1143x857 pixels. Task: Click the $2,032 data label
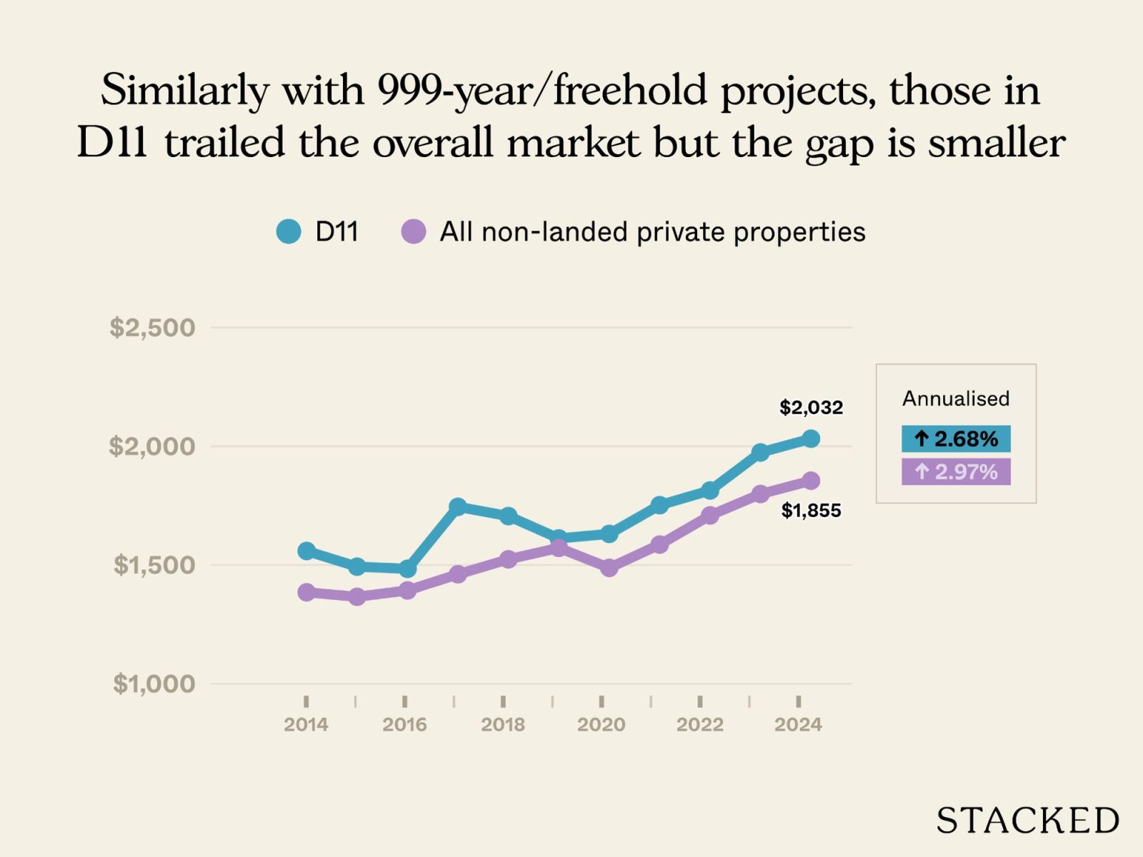pos(811,408)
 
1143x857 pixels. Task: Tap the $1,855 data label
pos(811,511)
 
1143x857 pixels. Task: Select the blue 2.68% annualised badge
pos(956,438)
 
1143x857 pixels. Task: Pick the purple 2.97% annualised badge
pos(956,472)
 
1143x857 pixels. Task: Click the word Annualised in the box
pos(956,399)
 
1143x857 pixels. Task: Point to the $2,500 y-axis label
pos(152,328)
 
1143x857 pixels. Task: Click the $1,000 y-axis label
pos(154,684)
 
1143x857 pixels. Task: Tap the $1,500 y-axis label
pos(154,566)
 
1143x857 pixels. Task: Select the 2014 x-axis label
pos(306,725)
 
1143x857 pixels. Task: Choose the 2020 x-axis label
pos(601,725)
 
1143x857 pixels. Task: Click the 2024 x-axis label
pos(798,725)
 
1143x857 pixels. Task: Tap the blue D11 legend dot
pos(289,231)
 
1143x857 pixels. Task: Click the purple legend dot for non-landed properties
pos(414,231)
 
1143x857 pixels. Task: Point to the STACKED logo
pos(1028,821)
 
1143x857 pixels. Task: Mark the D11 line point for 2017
pos(458,506)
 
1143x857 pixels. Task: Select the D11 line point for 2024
pos(811,438)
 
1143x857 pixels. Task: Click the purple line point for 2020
pos(609,568)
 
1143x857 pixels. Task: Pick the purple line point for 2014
pos(306,592)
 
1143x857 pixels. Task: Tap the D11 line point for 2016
pos(407,569)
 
